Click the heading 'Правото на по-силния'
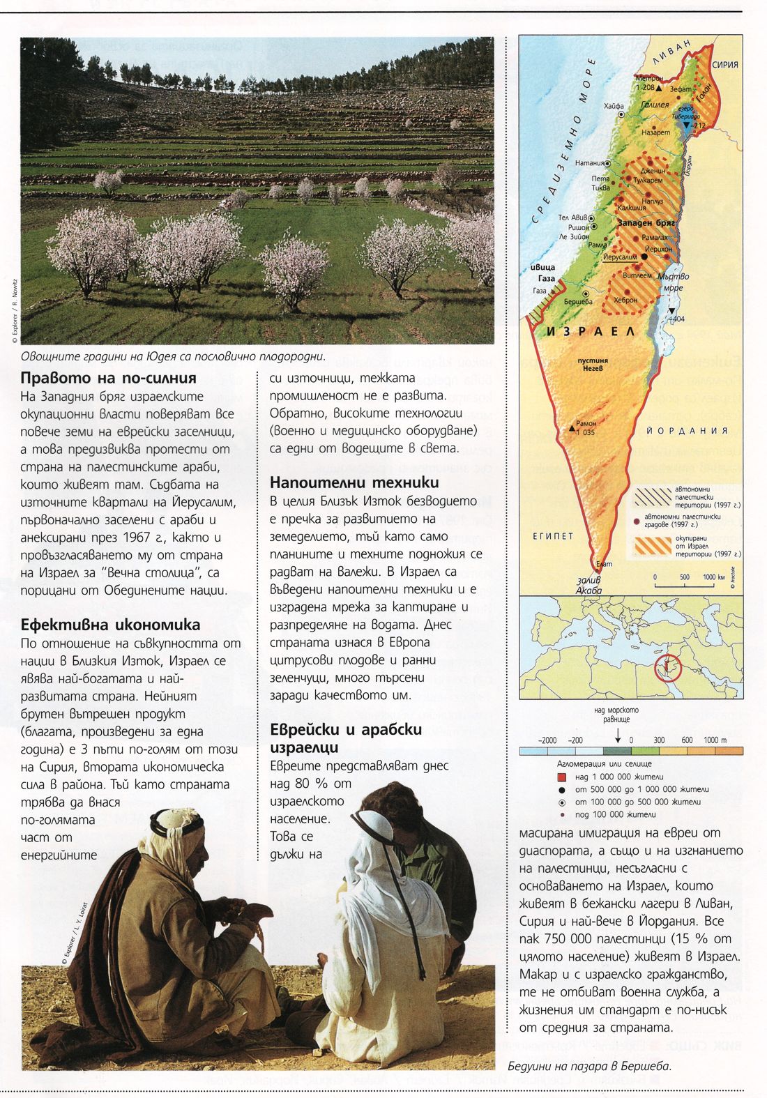coord(109,378)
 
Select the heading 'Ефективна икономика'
coord(111,624)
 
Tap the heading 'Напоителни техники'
coord(354,482)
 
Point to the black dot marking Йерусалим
coord(645,257)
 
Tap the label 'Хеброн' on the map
coord(625,300)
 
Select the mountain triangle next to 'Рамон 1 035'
coord(573,425)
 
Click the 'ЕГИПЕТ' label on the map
coord(553,535)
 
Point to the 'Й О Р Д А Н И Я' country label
coord(688,430)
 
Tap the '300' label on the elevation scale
coord(659,740)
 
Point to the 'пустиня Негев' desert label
coord(593,365)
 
